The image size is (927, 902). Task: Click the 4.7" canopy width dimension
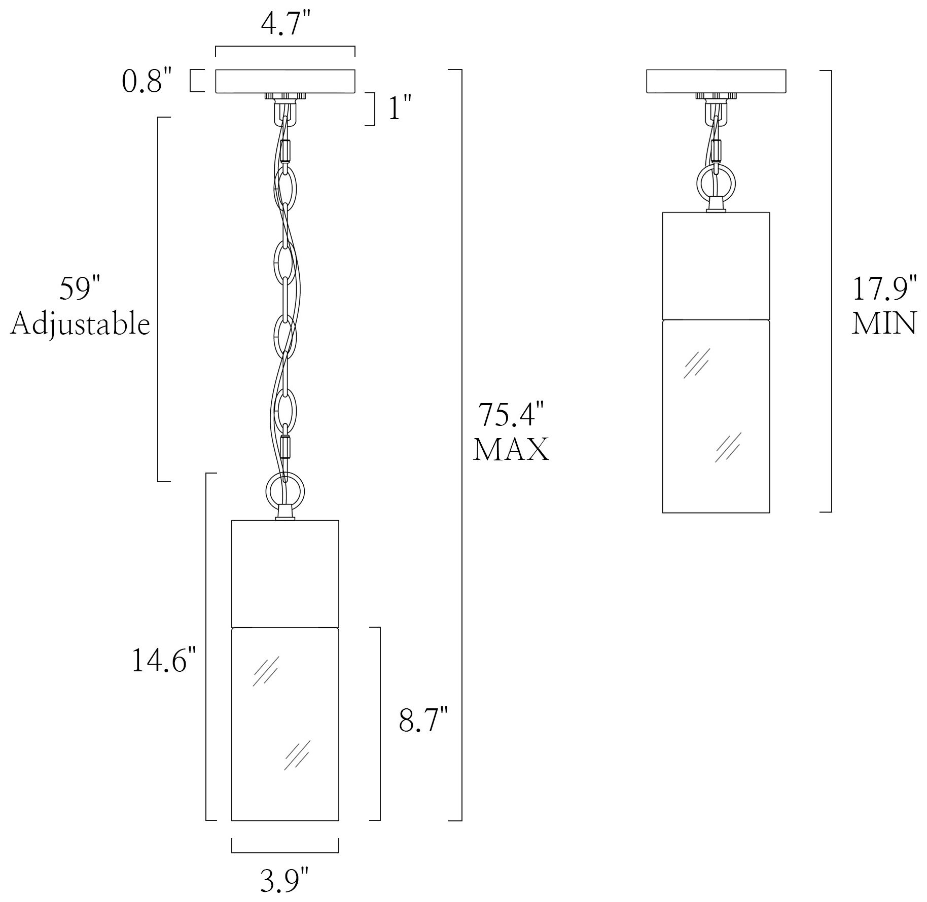tap(285, 24)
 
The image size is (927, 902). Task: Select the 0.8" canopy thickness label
tap(147, 81)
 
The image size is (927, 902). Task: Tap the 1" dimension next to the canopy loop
tap(400, 109)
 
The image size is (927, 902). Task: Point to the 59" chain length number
tap(81, 290)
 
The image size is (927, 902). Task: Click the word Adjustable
tap(81, 324)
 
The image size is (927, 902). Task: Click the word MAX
tap(511, 449)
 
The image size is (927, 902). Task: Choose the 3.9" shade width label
tap(284, 880)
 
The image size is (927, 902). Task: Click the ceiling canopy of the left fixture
tap(285, 82)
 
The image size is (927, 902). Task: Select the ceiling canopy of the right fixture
tap(716, 82)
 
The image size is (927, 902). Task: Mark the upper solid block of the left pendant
tap(285, 573)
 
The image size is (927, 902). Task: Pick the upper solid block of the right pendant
tap(716, 265)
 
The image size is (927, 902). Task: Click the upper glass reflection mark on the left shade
tap(266, 671)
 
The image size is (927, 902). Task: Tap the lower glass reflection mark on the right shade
tap(728, 447)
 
